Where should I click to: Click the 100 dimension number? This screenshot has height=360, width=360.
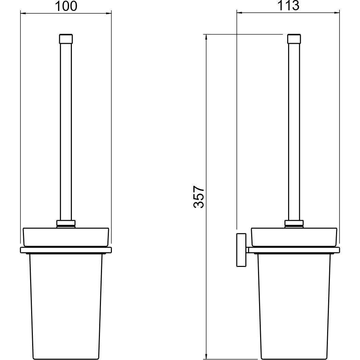coord(66,6)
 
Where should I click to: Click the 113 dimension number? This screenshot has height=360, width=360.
coord(288,5)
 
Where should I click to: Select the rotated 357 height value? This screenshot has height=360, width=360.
coord(199,197)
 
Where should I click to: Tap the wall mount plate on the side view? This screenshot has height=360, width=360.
coord(241,250)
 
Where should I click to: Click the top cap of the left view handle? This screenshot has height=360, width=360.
coord(66,39)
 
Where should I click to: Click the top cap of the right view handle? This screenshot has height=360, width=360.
coord(294,39)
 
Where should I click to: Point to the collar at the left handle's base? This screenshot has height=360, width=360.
coord(66,223)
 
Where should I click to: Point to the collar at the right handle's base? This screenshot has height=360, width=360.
coord(294,223)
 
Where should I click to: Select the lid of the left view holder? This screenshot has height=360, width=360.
coord(66,237)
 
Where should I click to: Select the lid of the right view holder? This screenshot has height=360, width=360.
coord(294,237)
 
